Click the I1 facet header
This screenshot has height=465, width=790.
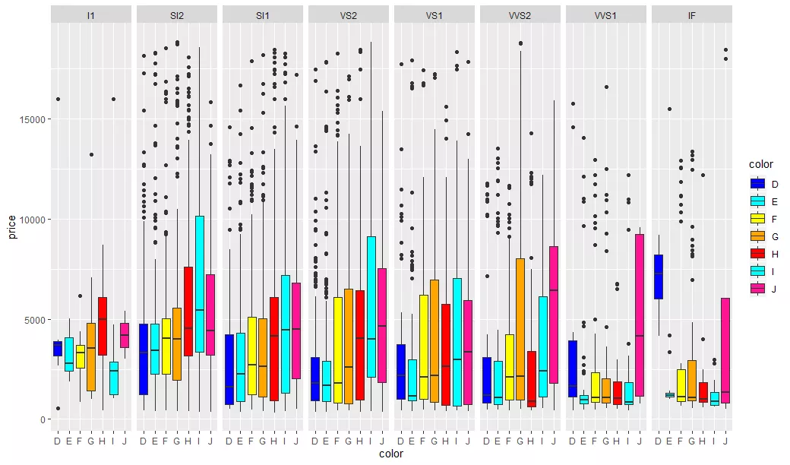[x=91, y=15]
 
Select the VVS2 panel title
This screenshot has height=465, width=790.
[x=520, y=15]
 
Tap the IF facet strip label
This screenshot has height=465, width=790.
[x=692, y=15]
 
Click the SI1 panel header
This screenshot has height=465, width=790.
[x=263, y=15]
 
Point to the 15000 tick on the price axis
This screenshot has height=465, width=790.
[x=34, y=119]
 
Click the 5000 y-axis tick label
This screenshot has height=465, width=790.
[x=36, y=319]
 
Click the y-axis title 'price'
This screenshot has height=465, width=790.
[x=12, y=226]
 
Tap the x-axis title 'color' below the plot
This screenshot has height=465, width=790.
[x=391, y=454]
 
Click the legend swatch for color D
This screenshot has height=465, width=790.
[x=757, y=184]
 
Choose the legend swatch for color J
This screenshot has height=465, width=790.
[x=757, y=288]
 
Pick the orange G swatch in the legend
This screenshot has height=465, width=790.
[x=757, y=236]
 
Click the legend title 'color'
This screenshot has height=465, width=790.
[x=760, y=164]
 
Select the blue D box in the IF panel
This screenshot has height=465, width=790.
[x=659, y=277]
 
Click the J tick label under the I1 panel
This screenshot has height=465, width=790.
[x=125, y=440]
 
